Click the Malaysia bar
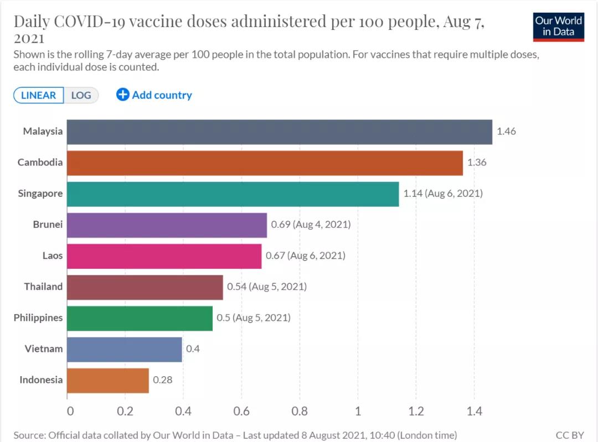coord(280,132)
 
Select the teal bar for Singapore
coord(233,194)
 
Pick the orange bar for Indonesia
coord(108,380)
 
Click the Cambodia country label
coord(40,163)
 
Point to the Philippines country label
coord(38,318)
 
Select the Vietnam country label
coord(44,349)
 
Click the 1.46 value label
coord(506,132)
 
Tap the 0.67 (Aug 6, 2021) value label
coord(305,256)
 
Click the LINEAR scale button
coord(38,95)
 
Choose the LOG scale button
coord(81,95)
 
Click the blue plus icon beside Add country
coord(122,95)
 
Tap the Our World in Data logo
coord(558,26)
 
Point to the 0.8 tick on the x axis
coord(300,412)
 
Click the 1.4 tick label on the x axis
coord(474,412)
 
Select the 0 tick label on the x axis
coord(70,412)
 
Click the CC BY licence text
coord(570,435)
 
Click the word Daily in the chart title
coord(33,22)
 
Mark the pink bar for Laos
coord(164,256)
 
